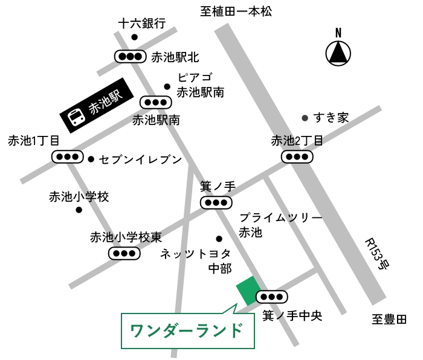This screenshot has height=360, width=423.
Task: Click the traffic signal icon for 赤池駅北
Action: pos(131,57)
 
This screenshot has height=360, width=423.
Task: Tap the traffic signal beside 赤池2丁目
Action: pos(297,156)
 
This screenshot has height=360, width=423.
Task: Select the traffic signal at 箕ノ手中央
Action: pos(272,297)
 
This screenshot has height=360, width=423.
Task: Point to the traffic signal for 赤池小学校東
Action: pos(124,254)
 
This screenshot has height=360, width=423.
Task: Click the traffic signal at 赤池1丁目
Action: pos(68,156)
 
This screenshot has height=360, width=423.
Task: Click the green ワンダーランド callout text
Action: pos(186,330)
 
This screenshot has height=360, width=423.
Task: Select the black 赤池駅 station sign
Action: pos(97,105)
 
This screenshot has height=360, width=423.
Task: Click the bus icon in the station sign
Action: pos(76,117)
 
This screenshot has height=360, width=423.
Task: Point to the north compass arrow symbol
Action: pos(338,53)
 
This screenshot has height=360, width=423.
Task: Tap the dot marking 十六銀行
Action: pos(134,37)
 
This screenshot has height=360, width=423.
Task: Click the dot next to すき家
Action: pos(305,118)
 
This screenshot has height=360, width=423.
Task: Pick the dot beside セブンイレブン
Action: pos(91,159)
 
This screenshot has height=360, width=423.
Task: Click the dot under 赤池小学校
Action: pos(79,210)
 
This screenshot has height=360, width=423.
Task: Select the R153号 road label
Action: pos(377,254)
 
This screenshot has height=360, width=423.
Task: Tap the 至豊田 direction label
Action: pos(389,320)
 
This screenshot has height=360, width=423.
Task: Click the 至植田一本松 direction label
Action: pos(236,11)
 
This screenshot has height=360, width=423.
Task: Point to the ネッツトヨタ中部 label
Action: pos(196,261)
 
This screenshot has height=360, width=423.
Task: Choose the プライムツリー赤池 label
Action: pos(280,225)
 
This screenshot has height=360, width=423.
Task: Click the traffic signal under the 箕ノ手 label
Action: pos(216,202)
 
